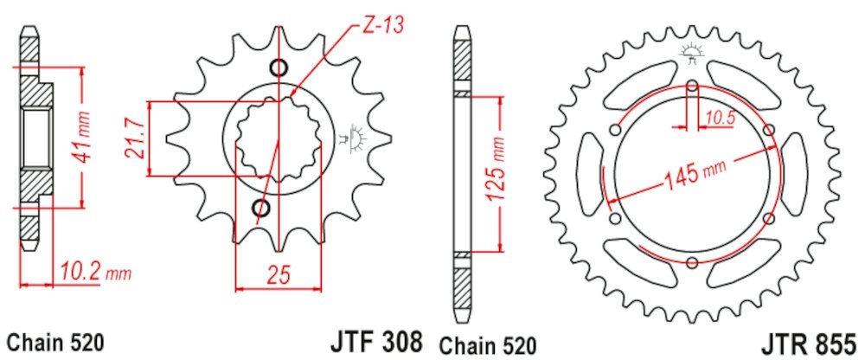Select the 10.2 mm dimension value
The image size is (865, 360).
pos(95,274)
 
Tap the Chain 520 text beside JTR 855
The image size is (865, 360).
pos(486,340)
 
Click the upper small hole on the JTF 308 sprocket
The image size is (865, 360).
pos(279,68)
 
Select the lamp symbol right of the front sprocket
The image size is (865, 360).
pos(356,136)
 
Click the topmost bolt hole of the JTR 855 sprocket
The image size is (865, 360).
pos(692,86)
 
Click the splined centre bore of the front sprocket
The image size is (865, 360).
pos(277,138)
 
